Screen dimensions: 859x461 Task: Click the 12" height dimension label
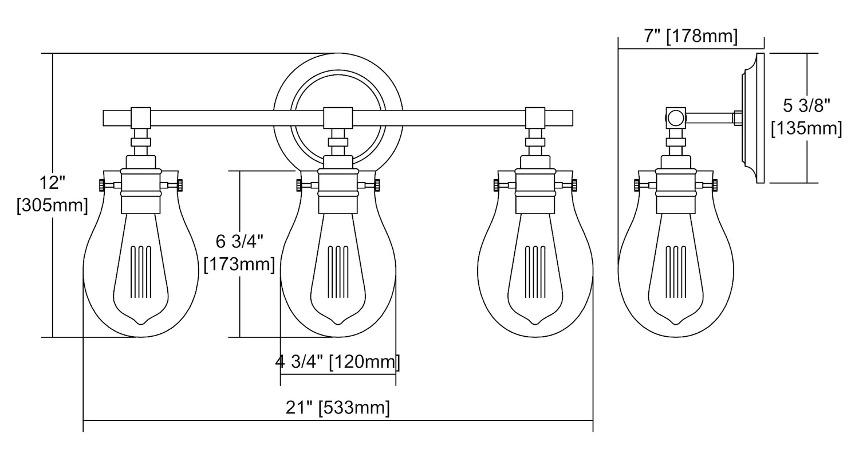click(53, 183)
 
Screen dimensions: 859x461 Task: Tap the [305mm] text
click(53, 206)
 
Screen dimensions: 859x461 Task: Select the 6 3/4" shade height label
click(240, 242)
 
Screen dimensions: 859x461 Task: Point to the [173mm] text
click(239, 265)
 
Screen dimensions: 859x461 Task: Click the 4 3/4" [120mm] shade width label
click(337, 362)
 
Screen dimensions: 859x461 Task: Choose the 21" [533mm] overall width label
click(337, 407)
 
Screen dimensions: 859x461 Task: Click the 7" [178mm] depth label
click(690, 37)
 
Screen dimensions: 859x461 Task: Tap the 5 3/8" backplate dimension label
click(806, 105)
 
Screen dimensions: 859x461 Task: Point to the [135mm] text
click(806, 128)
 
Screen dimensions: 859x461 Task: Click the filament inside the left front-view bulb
click(141, 272)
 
